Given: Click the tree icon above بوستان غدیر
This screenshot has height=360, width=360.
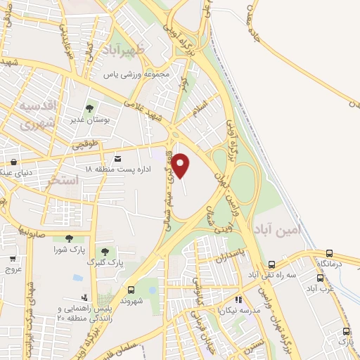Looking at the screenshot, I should tap(89, 108).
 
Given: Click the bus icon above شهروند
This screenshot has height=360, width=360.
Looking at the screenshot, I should tap(131, 289).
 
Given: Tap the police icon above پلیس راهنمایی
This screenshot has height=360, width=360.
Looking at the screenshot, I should tap(84, 297).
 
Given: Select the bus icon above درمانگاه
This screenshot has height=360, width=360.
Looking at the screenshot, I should tap(330, 253).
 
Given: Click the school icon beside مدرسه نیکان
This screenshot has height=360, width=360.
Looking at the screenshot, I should tap(237, 300).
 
